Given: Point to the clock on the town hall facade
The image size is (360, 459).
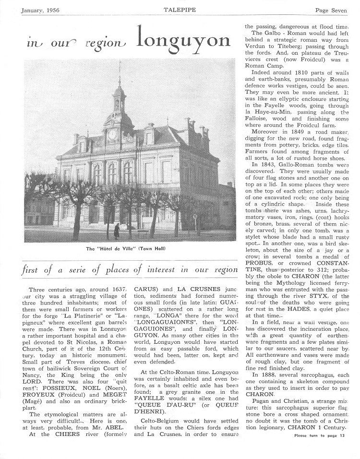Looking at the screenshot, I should point(112,135).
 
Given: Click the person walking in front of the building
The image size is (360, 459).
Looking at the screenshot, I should point(116,231).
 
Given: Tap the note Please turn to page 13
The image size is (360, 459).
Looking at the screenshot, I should point(319,449).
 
